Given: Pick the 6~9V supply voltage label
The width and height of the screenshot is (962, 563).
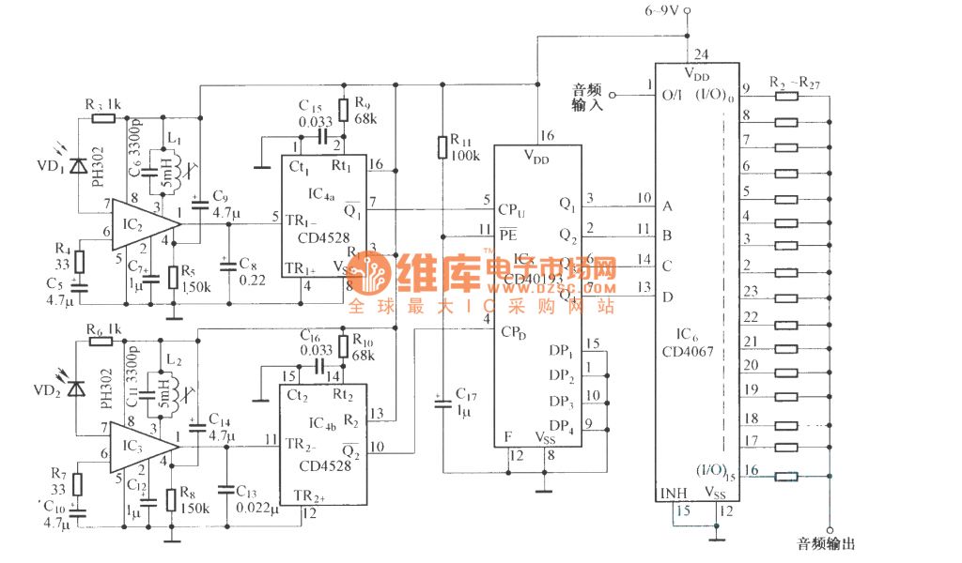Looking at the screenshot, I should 662,11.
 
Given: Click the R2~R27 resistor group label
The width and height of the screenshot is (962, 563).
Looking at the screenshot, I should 794,82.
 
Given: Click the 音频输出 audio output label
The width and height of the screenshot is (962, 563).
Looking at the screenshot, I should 826,543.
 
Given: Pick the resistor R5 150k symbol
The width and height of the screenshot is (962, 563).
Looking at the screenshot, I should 173,278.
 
